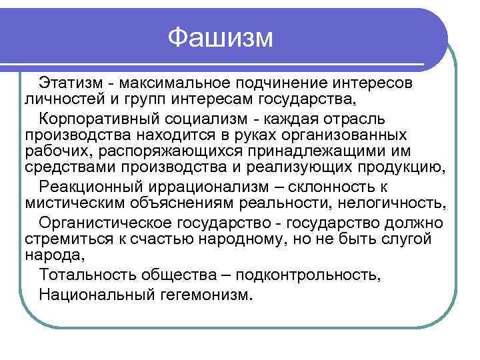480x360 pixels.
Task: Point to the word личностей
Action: click(57, 100)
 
